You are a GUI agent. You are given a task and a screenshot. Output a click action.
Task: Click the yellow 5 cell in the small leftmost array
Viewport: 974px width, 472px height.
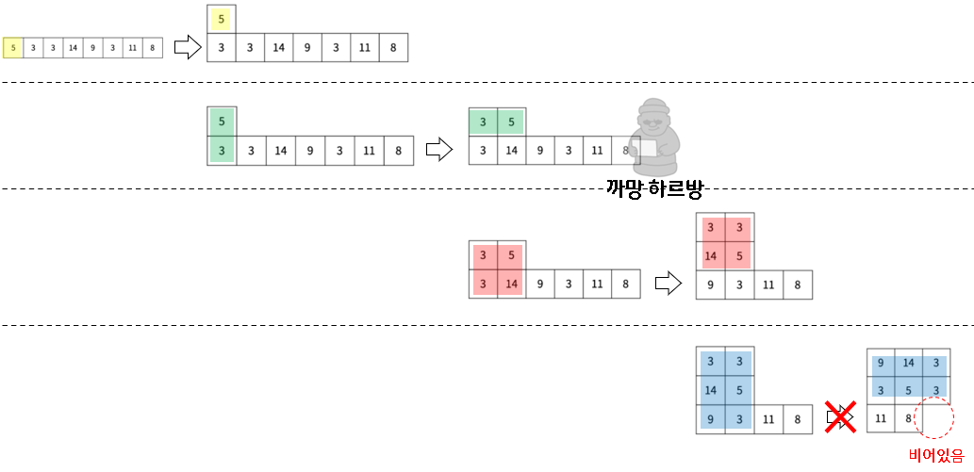pos(12,47)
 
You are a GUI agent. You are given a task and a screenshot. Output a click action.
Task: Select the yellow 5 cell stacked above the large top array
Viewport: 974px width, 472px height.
pos(221,19)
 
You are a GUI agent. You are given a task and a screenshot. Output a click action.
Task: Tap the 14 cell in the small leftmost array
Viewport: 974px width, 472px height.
pos(74,47)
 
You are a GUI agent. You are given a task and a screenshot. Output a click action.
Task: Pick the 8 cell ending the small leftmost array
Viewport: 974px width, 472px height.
pos(153,47)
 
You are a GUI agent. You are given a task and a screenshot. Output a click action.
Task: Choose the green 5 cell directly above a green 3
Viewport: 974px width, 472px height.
pos(221,122)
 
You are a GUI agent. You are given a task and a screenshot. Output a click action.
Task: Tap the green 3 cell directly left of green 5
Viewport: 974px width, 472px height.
pos(483,122)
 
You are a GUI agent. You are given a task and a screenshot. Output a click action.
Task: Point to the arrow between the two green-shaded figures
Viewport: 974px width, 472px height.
pos(439,149)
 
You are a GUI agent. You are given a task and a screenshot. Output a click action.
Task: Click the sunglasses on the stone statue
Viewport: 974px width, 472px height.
pos(652,122)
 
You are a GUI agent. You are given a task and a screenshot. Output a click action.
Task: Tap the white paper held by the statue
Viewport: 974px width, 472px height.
pos(649,148)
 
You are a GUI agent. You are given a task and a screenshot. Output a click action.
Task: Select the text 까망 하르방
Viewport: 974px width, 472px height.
pos(655,188)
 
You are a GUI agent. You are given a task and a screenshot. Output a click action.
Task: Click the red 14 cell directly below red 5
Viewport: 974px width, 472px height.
pos(509,283)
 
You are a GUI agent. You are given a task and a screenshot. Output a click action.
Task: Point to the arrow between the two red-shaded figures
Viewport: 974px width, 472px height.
pos(668,282)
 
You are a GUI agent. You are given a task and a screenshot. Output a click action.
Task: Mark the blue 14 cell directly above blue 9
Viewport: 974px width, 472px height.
pos(710,389)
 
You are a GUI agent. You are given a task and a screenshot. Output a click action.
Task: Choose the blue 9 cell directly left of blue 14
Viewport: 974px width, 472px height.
pos(881,363)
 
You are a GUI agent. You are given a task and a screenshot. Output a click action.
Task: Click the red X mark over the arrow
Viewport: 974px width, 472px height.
pos(840,415)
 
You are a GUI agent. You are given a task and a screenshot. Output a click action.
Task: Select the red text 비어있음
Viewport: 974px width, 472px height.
pos(935,457)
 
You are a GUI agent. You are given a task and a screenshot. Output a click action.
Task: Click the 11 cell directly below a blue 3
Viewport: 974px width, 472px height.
pos(881,416)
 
